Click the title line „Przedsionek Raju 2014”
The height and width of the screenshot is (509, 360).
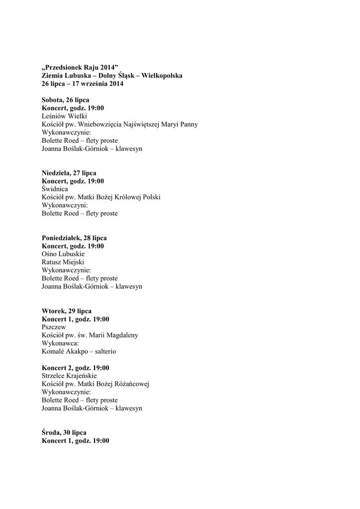pyautogui.click(x=81, y=67)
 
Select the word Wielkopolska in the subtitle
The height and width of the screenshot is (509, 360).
pyautogui.click(x=162, y=76)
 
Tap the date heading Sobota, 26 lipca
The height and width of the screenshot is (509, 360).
pyautogui.click(x=66, y=100)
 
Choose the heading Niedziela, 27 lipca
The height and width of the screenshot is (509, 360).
pyautogui.click(x=69, y=173)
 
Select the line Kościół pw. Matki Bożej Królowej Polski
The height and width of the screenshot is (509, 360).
pyautogui.click(x=101, y=197)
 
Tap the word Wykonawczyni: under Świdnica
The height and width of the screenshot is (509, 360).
pyautogui.click(x=65, y=205)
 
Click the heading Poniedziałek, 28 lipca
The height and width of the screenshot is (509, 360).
pyautogui.click(x=74, y=238)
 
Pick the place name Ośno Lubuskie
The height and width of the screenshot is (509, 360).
pyautogui.click(x=63, y=254)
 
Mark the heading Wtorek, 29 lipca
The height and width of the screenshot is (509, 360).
pyautogui.click(x=67, y=311)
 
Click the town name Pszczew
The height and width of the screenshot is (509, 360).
pyautogui.click(x=54, y=327)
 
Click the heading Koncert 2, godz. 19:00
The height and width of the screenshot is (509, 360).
pyautogui.click(x=76, y=368)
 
